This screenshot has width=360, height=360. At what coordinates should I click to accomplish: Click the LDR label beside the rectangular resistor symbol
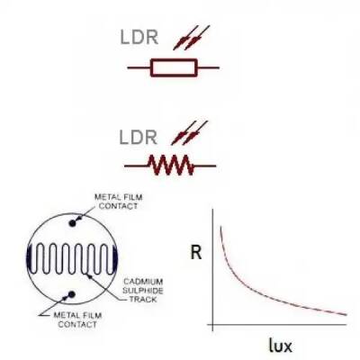coord(140,39)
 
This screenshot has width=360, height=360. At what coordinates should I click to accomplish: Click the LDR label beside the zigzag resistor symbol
coord(140,138)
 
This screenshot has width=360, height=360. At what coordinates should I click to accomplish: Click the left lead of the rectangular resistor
coord(139,67)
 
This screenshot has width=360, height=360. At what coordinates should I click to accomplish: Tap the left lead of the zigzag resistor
coord(136,165)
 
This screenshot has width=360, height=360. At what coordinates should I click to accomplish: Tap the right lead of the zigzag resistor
coord(206,165)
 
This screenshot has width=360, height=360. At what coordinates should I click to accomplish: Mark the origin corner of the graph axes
coord(211,321)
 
